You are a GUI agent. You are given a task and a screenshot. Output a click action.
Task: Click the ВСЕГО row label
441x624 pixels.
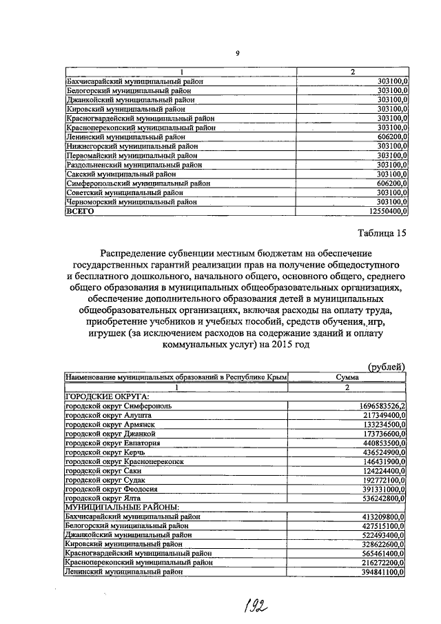click(x=80, y=212)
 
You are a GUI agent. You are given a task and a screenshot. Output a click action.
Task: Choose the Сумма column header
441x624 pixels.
click(x=347, y=377)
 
